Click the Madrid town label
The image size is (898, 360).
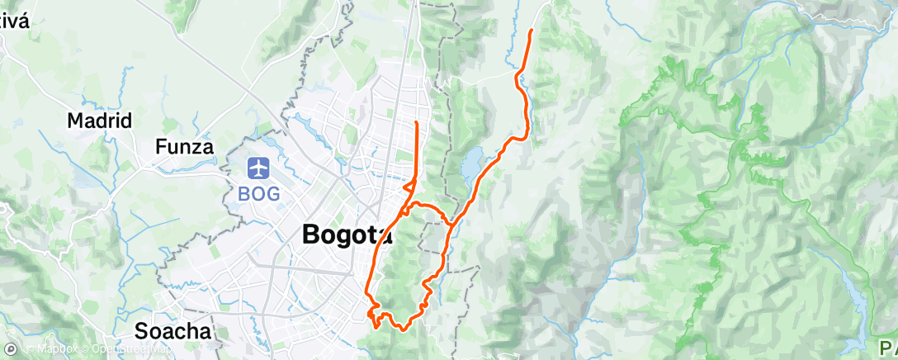coord(99,121)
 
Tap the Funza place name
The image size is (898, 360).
coord(185,148)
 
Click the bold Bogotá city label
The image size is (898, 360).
coord(347,234)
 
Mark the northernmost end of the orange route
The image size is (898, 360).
coord(530,30)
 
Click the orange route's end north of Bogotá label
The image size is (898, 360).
coord(416,122)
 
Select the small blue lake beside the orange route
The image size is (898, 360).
coord(471,165)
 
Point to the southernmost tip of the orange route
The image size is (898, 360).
coord(377,326)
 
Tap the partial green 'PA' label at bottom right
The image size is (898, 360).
coord(884,345)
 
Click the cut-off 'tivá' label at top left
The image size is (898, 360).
coord(15,21)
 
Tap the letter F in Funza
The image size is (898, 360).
coord(161,148)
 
